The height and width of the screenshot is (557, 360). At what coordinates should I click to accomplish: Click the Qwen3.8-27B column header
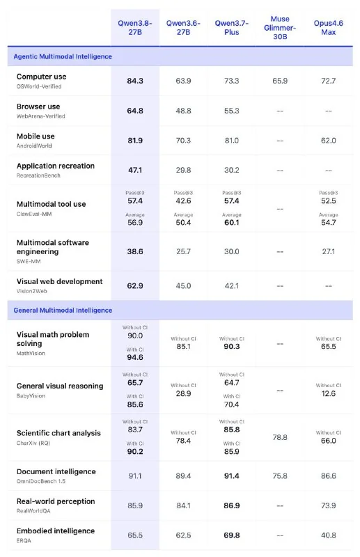click(134, 28)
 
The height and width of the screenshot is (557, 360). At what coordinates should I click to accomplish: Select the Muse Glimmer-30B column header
click(280, 28)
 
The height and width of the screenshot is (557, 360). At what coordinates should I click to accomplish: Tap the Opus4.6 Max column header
click(328, 28)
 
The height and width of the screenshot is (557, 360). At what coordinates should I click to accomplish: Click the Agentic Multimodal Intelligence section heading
click(63, 56)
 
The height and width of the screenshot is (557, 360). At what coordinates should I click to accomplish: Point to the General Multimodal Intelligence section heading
click(63, 310)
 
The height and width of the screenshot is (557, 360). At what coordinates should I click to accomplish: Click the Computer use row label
click(41, 77)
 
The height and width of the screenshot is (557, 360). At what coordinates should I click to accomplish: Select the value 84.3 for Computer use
click(135, 81)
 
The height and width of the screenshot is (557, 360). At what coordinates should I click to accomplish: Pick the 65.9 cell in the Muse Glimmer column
click(280, 81)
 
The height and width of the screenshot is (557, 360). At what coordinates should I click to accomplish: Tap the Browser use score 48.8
click(183, 111)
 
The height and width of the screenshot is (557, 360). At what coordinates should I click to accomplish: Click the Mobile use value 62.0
click(329, 141)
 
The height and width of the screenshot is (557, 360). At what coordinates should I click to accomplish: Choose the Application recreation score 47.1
click(135, 170)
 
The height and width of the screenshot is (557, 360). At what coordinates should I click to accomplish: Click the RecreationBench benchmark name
click(38, 175)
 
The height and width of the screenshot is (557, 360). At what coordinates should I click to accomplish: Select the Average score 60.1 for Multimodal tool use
click(232, 223)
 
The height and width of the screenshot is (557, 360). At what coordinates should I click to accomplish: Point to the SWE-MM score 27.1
click(329, 251)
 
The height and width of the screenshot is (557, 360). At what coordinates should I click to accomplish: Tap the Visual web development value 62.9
click(135, 286)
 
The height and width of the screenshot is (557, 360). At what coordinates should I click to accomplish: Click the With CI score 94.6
click(135, 357)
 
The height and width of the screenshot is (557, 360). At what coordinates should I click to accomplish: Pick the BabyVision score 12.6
click(329, 393)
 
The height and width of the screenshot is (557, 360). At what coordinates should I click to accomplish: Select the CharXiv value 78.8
click(280, 437)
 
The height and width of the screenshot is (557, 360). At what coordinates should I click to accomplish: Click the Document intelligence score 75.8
click(280, 476)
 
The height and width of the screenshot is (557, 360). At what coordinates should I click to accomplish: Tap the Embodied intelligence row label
click(56, 531)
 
